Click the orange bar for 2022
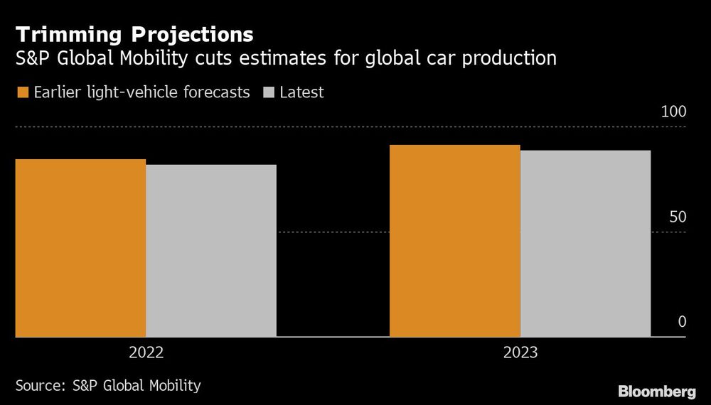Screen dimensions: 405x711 80,247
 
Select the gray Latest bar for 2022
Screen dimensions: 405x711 211,250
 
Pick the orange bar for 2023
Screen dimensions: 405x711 454,240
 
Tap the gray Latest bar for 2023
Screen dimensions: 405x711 585,243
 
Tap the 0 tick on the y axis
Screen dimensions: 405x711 681,322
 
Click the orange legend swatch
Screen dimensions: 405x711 21,92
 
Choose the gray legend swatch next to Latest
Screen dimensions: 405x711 268,92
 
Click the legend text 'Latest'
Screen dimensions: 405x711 301,92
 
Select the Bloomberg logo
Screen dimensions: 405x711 656,391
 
